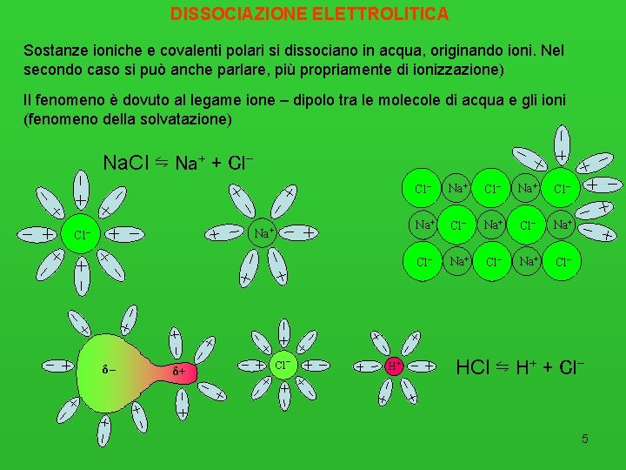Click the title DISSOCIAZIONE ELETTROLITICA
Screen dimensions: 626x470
click(310, 14)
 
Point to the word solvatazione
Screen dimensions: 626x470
click(184, 118)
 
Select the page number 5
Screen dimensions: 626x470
click(585, 439)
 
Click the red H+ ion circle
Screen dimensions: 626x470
click(394, 366)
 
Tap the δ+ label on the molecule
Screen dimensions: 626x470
click(179, 372)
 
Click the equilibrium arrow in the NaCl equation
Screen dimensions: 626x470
click(162, 162)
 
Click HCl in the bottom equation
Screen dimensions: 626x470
click(475, 367)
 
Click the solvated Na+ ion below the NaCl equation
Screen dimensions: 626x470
click(263, 232)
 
